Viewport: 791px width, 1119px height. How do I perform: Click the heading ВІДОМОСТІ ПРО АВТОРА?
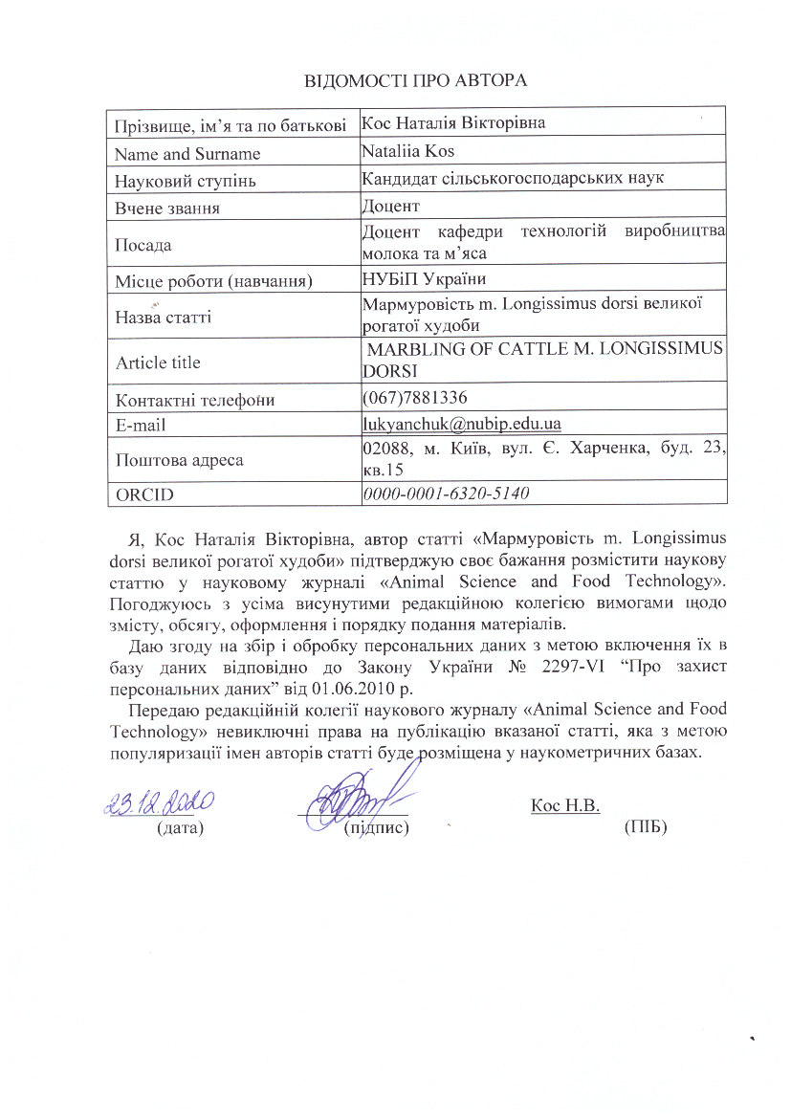click(416, 78)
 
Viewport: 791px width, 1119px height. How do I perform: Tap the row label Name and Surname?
click(187, 154)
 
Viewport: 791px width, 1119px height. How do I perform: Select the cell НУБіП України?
click(425, 279)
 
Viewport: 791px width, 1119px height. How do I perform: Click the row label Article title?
click(158, 362)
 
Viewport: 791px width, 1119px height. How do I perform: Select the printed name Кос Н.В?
click(564, 805)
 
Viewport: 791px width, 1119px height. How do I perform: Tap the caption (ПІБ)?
click(645, 826)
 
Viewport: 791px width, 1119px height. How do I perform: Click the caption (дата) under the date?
click(181, 826)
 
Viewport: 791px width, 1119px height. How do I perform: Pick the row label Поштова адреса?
click(179, 459)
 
